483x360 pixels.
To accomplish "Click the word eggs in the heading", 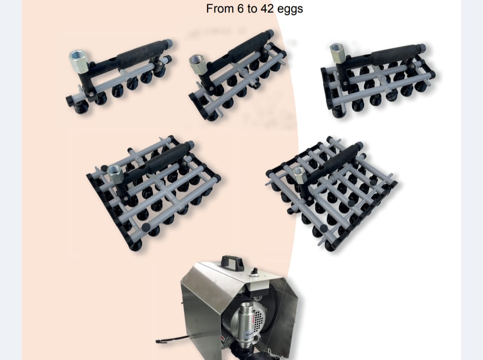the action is (290, 9).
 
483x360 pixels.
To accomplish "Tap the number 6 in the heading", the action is (241, 8).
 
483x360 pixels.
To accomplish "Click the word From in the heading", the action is (220, 8).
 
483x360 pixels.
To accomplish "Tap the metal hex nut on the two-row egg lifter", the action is (198, 64).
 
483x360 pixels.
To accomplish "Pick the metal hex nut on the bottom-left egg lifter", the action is (116, 174).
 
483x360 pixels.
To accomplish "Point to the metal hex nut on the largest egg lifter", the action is (299, 174).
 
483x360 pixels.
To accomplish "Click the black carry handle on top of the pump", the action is (232, 262).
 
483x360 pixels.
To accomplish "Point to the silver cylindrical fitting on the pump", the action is (247, 320).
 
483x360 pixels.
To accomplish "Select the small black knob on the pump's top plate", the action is (254, 271).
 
